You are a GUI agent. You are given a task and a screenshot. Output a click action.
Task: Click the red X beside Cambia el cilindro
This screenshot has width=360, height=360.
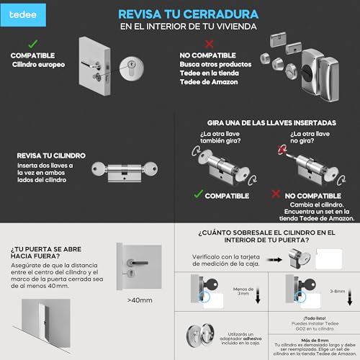click(x=275, y=193)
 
